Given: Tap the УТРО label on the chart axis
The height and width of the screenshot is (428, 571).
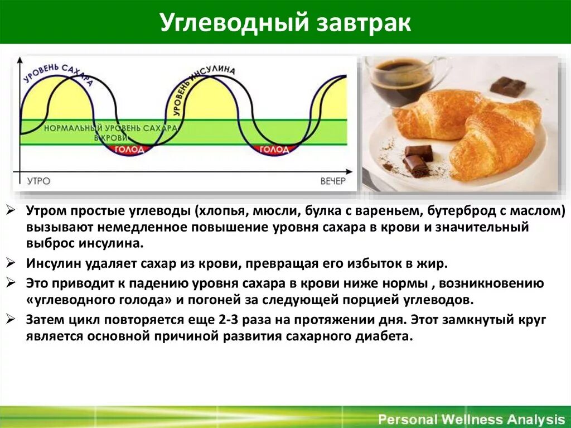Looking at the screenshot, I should (x=38, y=181).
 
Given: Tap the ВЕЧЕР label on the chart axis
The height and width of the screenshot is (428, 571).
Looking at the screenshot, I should (x=333, y=181).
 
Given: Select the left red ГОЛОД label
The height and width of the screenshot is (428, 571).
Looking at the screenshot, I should (x=129, y=149).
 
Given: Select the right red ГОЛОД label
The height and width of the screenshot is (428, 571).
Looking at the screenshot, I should (x=274, y=150).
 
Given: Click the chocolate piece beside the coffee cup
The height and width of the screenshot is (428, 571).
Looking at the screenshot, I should (x=508, y=86).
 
